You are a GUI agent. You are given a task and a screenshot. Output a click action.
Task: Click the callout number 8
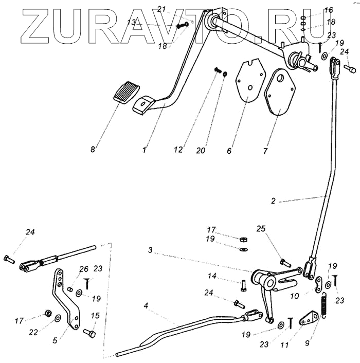coord(93,150)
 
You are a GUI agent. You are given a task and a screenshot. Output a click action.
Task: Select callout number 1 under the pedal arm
coord(145,150)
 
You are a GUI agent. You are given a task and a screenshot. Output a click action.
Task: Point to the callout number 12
coord(177,150)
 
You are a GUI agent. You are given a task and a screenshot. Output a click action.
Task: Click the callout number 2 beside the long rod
coord(273,202)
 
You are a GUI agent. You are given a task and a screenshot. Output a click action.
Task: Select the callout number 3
coord(150,250)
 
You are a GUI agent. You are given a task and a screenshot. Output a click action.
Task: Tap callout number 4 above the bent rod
coord(146,305)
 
